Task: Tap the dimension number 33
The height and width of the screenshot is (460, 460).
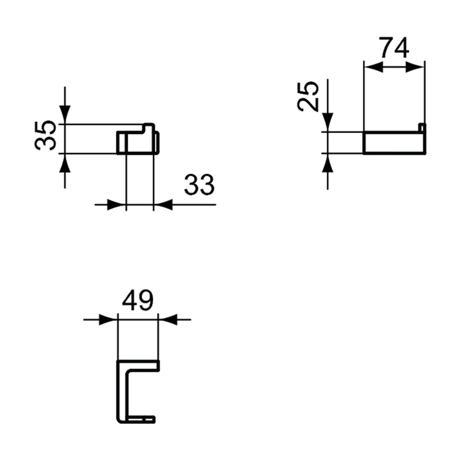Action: (199, 186)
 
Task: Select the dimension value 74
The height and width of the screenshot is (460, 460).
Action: (394, 48)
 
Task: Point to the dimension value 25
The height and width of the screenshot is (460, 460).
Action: (309, 96)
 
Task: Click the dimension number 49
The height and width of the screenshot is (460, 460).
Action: (137, 300)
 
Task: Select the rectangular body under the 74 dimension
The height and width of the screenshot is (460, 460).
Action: (394, 143)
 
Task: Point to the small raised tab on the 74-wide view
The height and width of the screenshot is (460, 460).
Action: (422, 128)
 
